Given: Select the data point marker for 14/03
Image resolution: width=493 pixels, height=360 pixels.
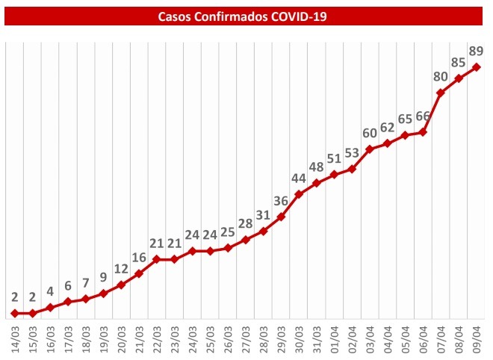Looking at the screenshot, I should pos(14,313).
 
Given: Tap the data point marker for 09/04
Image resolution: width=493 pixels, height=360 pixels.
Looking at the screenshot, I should pos(477,67).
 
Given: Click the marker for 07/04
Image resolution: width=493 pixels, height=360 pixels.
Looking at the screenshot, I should pos(441,93).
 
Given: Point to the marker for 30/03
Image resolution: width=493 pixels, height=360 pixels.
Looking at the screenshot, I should pos(299,194).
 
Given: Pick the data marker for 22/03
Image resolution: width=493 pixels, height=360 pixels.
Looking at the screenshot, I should pos(157,259).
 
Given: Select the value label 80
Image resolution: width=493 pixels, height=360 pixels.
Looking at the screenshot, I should pos(441,76).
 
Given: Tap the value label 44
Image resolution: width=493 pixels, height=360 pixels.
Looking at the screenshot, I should pos(299,178).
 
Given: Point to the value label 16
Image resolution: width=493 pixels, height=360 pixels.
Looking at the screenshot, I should pos(139,258).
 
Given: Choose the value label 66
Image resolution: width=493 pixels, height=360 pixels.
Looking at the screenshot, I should pos(423,116).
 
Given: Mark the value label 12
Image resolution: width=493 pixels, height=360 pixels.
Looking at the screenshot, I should pos(121,268).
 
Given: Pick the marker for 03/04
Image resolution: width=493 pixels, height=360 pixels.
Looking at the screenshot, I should pos(370,149).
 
